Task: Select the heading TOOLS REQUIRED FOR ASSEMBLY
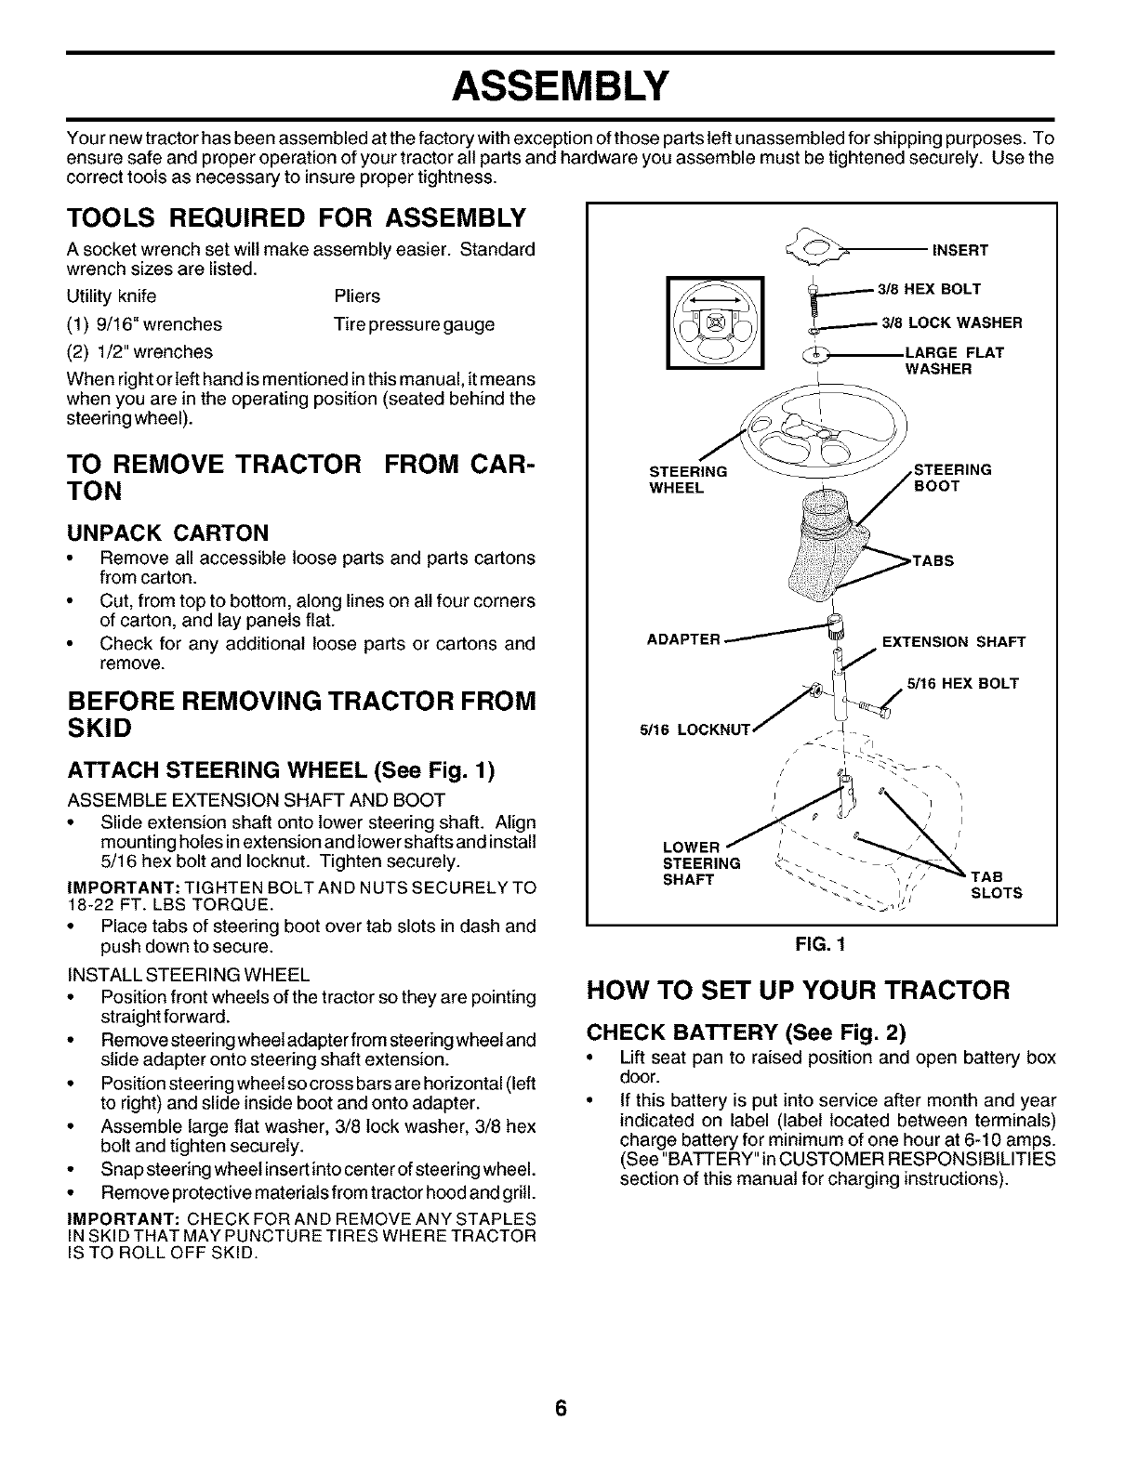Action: click(297, 219)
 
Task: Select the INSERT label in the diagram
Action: click(959, 250)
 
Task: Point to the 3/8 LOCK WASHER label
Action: click(951, 323)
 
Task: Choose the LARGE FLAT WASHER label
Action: click(954, 361)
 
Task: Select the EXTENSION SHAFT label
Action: click(953, 642)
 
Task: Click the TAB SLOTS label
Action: click(996, 885)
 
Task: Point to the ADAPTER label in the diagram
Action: click(684, 639)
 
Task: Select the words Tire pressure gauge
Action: click(414, 324)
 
